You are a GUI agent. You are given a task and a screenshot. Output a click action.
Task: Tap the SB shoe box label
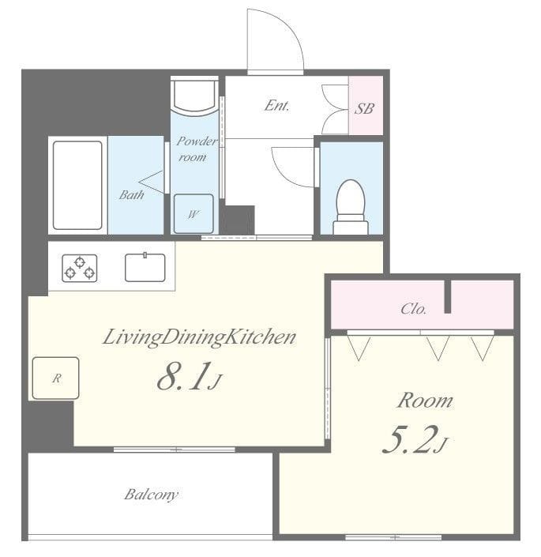pyautogui.click(x=364, y=108)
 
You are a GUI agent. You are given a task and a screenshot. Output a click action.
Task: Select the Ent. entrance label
pyautogui.click(x=276, y=105)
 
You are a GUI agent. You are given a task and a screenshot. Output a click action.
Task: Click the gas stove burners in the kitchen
pyautogui.click(x=80, y=268)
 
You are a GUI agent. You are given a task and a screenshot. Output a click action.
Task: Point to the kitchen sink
pyautogui.click(x=145, y=267)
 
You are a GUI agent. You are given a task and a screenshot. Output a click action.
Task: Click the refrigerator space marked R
pyautogui.click(x=55, y=378)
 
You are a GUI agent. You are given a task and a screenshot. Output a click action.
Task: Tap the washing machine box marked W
pyautogui.click(x=193, y=213)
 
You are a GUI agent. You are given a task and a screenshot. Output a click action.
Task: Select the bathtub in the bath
pyautogui.click(x=77, y=186)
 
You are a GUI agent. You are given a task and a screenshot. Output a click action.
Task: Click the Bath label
pyautogui.click(x=131, y=194)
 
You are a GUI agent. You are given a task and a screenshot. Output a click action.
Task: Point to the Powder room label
pyautogui.click(x=193, y=149)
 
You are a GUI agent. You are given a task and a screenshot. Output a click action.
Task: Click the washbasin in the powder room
pyautogui.click(x=194, y=96)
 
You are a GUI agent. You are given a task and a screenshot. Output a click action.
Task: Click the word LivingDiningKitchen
pyautogui.click(x=199, y=337)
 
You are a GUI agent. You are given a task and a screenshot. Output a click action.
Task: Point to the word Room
pyautogui.click(x=424, y=401)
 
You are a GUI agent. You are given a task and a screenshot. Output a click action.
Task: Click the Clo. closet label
pyautogui.click(x=413, y=309)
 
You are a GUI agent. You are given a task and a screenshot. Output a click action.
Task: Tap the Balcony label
pyautogui.click(x=151, y=495)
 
